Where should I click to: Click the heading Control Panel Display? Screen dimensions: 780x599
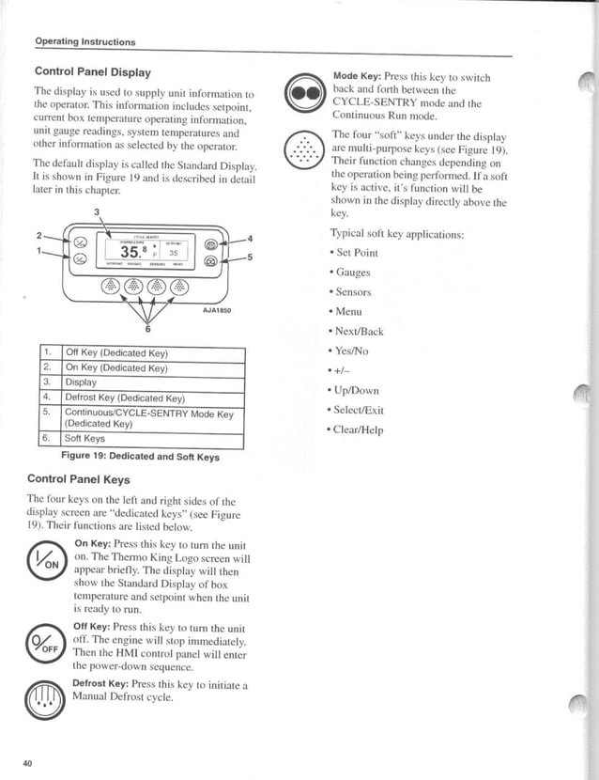92,71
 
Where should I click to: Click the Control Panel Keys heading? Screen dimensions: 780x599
78,479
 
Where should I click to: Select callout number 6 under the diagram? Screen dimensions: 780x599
146,329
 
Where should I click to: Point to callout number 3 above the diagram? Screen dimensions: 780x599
97,211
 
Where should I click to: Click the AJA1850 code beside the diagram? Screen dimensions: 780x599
216,309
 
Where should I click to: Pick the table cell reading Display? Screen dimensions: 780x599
81,382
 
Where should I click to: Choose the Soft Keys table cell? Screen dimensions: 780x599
84,439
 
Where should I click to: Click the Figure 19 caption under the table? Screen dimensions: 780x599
140,457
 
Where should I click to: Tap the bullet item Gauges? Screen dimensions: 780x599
351,273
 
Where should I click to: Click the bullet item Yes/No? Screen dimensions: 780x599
352,351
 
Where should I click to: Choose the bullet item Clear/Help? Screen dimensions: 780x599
359,429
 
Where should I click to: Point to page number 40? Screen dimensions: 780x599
27,763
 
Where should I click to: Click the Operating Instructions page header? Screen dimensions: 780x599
84,41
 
